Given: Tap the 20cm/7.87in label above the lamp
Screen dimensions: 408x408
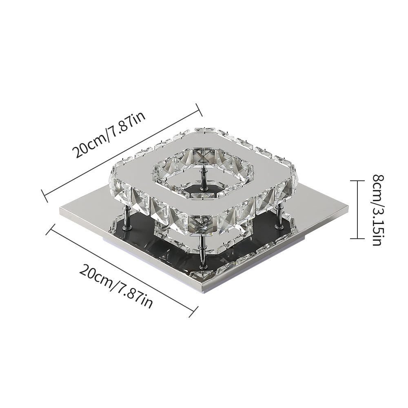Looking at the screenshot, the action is [x=109, y=135].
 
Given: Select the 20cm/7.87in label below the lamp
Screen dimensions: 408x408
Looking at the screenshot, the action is [x=116, y=286].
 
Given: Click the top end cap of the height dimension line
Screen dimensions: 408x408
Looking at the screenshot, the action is [x=357, y=180].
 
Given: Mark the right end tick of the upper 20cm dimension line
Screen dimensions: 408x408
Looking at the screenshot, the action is [x=199, y=109].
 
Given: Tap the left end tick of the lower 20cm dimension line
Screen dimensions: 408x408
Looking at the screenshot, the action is [x=50, y=229].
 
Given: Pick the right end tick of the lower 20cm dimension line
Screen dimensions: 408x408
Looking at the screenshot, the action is [x=193, y=312].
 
